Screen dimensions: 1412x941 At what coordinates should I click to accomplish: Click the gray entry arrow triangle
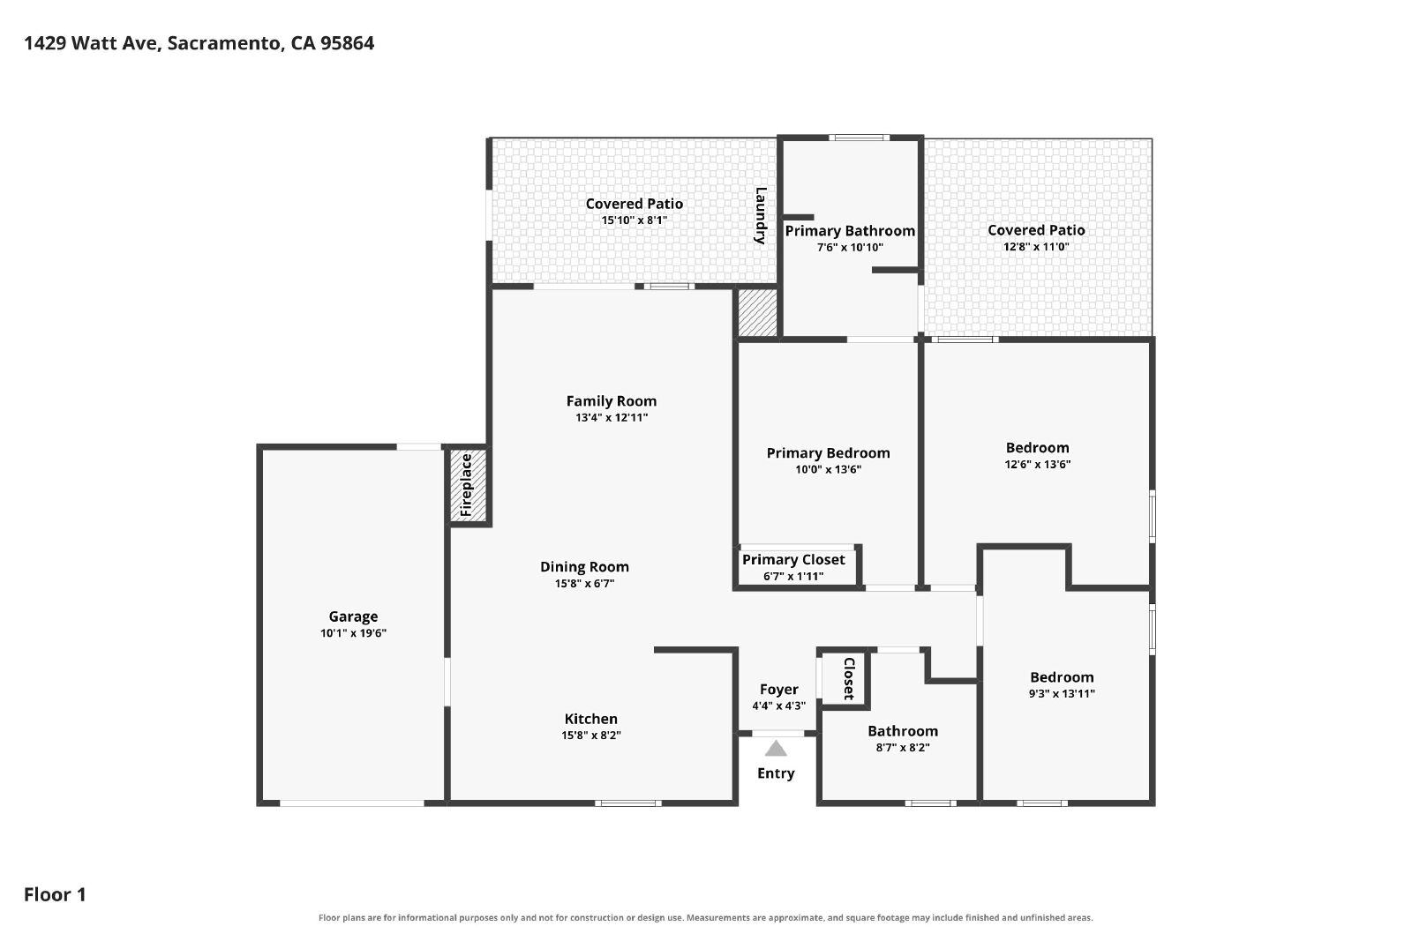pyautogui.click(x=776, y=749)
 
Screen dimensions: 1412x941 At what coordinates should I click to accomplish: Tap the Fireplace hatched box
pyautogui.click(x=469, y=486)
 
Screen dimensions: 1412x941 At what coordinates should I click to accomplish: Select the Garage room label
pyautogui.click(x=353, y=616)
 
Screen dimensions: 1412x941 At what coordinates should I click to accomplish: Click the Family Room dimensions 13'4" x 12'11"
pyautogui.click(x=612, y=418)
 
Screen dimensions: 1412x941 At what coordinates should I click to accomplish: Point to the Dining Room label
pyautogui.click(x=584, y=567)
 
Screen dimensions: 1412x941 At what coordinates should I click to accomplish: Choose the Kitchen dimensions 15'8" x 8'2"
pyautogui.click(x=591, y=735)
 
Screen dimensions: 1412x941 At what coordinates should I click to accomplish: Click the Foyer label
pyautogui.click(x=779, y=690)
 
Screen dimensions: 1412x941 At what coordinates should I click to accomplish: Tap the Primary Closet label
pyautogui.click(x=793, y=560)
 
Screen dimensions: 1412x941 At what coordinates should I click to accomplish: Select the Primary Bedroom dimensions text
pyautogui.click(x=829, y=469)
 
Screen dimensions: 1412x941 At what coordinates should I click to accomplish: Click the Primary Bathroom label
pyautogui.click(x=850, y=231)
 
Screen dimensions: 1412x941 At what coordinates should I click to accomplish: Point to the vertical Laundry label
pyautogui.click(x=761, y=215)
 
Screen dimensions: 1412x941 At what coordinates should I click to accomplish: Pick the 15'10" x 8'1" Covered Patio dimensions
pyautogui.click(x=635, y=220)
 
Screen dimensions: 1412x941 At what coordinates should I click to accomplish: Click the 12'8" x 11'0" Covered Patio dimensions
pyautogui.click(x=1036, y=247)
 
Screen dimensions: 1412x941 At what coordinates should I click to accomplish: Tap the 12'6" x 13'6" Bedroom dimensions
pyautogui.click(x=1038, y=465)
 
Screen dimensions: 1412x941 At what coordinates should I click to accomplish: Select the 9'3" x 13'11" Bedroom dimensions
pyautogui.click(x=1063, y=694)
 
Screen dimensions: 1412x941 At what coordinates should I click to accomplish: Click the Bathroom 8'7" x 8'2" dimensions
pyautogui.click(x=903, y=748)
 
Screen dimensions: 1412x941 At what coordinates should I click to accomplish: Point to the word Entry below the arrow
pyautogui.click(x=776, y=773)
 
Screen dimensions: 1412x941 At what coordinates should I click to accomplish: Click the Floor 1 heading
pyautogui.click(x=55, y=894)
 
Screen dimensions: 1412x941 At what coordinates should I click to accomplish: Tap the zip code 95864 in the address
pyautogui.click(x=348, y=43)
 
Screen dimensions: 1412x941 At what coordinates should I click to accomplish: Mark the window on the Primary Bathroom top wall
pyautogui.click(x=860, y=138)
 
